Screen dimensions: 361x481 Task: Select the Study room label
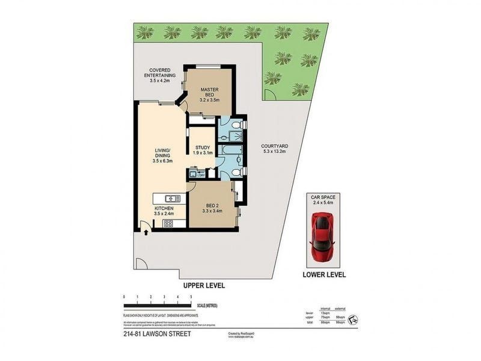tap(203, 150)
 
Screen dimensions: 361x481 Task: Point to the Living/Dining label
tap(163, 155)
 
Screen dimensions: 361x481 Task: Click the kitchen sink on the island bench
tap(172, 198)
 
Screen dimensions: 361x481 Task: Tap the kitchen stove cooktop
tap(168, 224)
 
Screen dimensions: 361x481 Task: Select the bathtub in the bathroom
tap(231, 149)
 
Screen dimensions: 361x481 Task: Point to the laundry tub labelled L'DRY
tap(194, 174)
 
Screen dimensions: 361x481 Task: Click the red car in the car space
tap(323, 236)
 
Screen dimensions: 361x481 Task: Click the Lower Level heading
tap(323, 275)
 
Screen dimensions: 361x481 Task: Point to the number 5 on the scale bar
tap(191, 297)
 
